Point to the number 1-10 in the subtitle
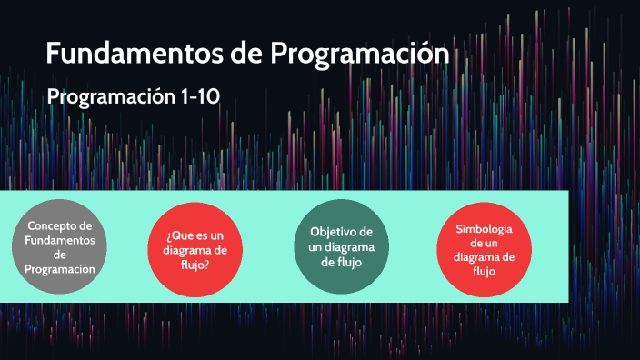pos(199,96)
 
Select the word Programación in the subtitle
pos(110,96)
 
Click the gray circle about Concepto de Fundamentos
pos(60,247)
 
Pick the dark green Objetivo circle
pos(342,246)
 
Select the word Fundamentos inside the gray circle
pos(60,240)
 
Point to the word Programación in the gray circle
pos(60,269)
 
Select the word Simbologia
pos(484,228)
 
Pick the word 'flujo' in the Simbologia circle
pos(484,271)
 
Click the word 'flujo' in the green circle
pos(342,262)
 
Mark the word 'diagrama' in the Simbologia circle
pos(484,256)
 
